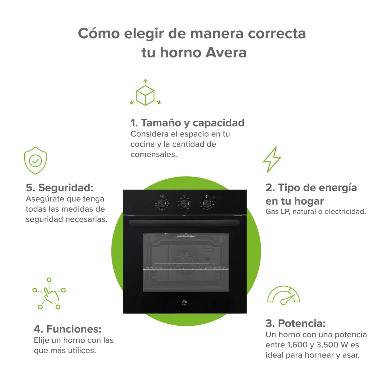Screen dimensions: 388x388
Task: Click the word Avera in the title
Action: [226, 53]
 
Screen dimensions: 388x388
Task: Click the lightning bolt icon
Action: [272, 160]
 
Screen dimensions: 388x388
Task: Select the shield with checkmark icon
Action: [35, 161]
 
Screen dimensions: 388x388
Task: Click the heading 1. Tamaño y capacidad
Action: [187, 123]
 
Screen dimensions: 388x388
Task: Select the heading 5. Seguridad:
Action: [59, 188]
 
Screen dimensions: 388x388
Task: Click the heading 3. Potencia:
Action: [295, 323]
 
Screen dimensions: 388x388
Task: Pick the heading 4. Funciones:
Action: [68, 329]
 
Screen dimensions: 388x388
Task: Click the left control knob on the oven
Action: [162, 203]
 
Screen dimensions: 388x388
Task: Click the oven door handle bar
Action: [184, 223]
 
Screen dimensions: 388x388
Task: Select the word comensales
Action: [154, 155]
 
